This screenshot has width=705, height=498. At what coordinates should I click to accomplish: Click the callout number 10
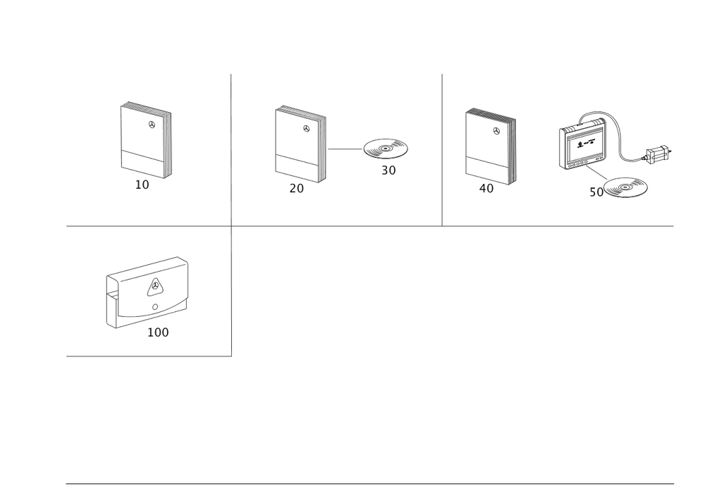[142, 185]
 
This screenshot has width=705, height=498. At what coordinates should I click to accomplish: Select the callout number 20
[296, 189]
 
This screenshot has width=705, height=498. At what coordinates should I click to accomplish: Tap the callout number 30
[388, 170]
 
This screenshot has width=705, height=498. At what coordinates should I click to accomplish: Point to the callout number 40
[486, 189]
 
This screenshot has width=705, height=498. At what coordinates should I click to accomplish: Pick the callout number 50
[596, 192]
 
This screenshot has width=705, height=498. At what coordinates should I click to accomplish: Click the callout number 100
[158, 332]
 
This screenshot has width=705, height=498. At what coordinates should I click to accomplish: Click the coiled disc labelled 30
[386, 149]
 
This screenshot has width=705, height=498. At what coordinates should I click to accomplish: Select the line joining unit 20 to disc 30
[345, 149]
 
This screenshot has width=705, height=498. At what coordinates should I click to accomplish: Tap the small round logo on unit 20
[306, 128]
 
